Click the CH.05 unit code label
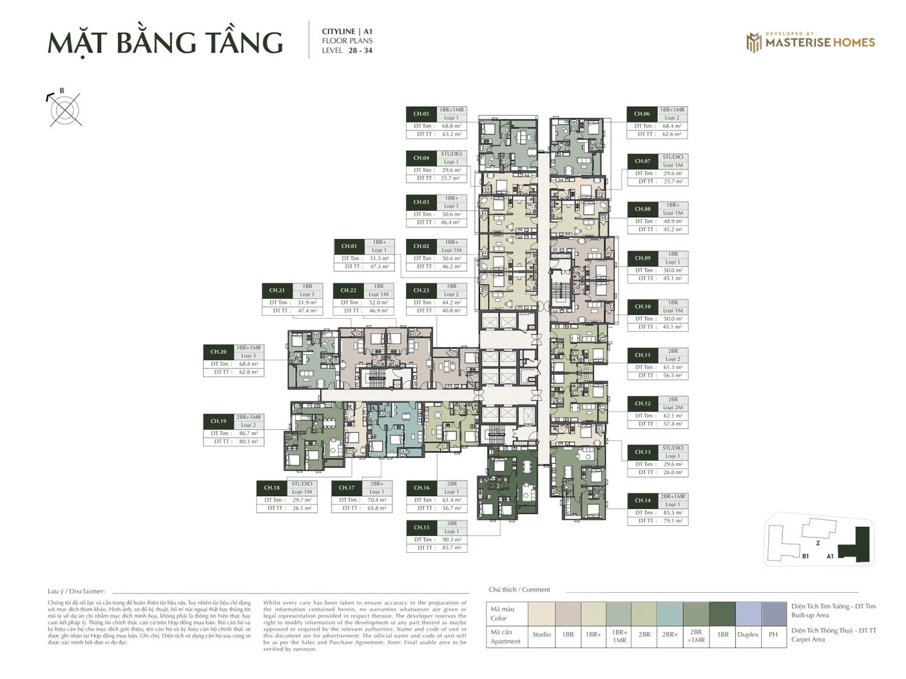coord(421,113)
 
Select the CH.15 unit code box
coord(421,528)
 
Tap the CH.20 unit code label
coord(218,352)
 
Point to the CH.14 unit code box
coord(642,500)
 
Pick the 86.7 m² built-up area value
coord(248,433)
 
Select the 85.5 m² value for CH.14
coord(672,512)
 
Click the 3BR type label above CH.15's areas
coord(451,523)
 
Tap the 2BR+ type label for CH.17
coord(377,483)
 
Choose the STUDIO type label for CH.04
coord(451,154)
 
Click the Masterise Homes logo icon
coord(754,42)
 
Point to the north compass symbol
coord(65,109)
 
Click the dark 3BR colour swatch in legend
coord(722,614)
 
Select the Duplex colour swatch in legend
coord(748,614)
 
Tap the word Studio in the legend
coord(541,634)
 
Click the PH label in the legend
coord(773,634)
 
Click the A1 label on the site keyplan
coord(830,556)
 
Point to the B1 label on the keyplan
coord(805,556)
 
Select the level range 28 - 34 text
coord(360,51)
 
